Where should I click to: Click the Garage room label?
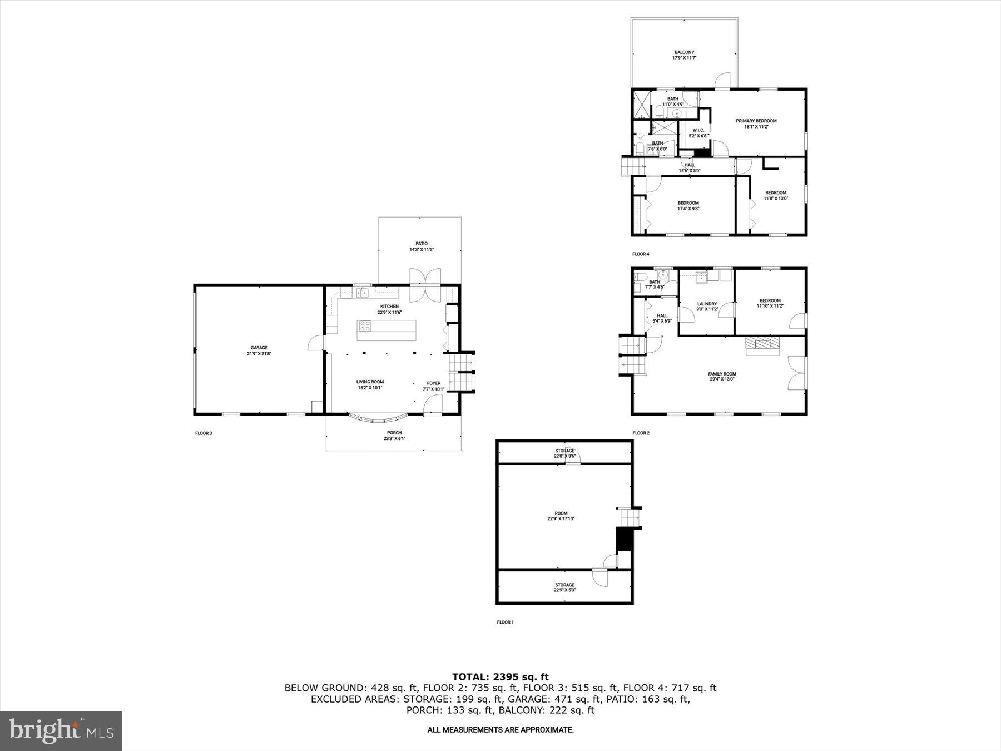click(259, 350)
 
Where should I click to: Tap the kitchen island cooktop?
click(365, 325)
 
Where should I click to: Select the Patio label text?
click(421, 246)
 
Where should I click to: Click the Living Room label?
click(370, 384)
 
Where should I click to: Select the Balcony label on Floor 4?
click(684, 55)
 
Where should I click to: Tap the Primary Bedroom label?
click(756, 123)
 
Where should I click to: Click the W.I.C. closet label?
click(698, 133)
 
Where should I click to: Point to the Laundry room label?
click(707, 307)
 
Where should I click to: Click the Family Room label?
click(722, 377)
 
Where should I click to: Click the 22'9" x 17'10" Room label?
click(561, 516)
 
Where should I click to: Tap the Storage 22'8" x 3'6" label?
click(564, 453)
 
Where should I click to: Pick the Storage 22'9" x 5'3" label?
click(564, 587)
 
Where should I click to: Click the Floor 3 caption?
click(204, 433)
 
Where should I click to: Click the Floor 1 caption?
click(505, 622)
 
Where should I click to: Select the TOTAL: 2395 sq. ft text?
click(500, 677)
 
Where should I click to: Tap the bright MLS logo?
click(61, 730)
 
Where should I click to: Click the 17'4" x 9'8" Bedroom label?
click(688, 206)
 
